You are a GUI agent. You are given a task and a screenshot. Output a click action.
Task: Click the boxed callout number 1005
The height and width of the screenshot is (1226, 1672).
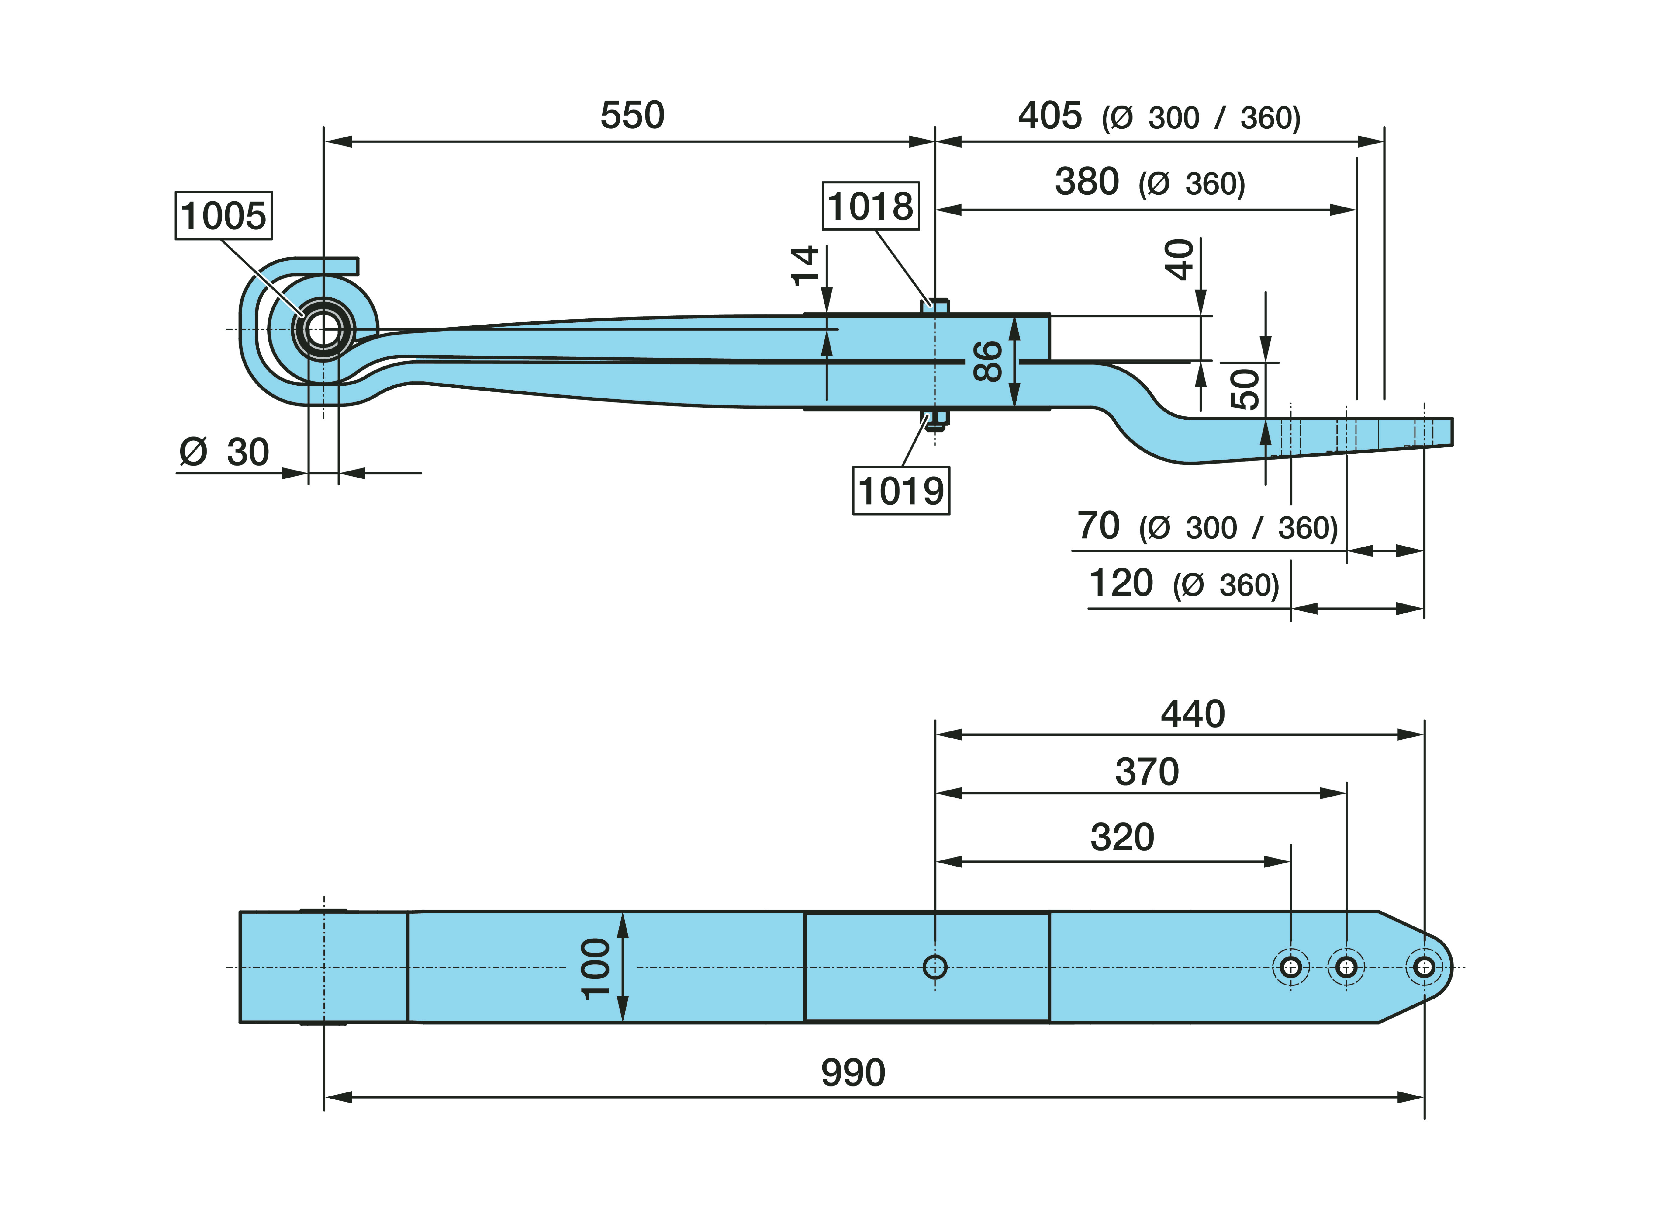pyautogui.click(x=223, y=216)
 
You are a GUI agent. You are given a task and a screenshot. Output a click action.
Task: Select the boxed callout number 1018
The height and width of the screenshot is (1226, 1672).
pyautogui.click(x=870, y=206)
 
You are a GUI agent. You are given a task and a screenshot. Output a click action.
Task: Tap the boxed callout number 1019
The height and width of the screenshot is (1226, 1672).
pyautogui.click(x=900, y=491)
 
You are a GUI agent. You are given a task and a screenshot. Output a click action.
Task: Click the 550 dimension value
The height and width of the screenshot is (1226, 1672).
pyautogui.click(x=632, y=116)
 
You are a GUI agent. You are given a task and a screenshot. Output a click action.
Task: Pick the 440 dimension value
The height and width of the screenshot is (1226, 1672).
pyautogui.click(x=1193, y=714)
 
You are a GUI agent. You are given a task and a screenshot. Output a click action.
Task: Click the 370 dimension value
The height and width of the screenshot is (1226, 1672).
pyautogui.click(x=1147, y=772)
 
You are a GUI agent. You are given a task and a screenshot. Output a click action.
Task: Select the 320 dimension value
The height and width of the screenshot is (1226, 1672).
pyautogui.click(x=1122, y=837)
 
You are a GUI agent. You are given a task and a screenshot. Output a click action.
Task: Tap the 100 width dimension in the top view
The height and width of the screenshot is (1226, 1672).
pyautogui.click(x=596, y=968)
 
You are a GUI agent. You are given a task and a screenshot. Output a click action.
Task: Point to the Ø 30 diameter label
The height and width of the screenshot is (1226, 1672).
pyautogui.click(x=224, y=452)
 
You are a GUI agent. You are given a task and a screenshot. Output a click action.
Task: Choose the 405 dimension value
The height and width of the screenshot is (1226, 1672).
pyautogui.click(x=1050, y=116)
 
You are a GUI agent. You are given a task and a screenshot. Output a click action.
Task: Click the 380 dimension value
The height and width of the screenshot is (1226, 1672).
pyautogui.click(x=1087, y=182)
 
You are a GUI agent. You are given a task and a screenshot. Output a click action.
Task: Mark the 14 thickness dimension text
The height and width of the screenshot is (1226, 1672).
pyautogui.click(x=805, y=266)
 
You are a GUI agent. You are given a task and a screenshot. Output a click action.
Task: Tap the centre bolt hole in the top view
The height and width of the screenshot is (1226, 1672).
pyautogui.click(x=935, y=967)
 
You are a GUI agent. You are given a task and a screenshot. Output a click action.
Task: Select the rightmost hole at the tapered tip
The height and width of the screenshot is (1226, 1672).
pyautogui.click(x=1424, y=967)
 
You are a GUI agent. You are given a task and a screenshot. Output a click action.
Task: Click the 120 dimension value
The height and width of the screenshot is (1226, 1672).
pyautogui.click(x=1121, y=583)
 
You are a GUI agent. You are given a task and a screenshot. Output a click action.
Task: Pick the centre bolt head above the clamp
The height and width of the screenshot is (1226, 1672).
pyautogui.click(x=935, y=305)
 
